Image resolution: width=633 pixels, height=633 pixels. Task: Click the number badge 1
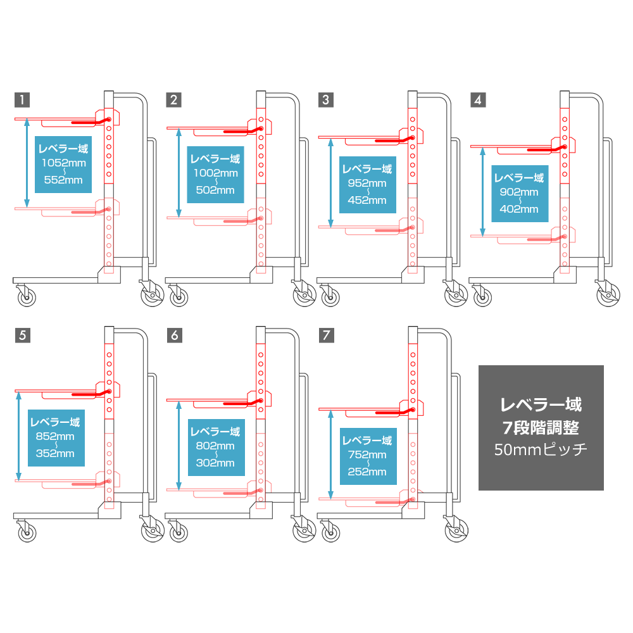(x=22, y=99)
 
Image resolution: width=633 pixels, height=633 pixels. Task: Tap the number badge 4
(x=478, y=100)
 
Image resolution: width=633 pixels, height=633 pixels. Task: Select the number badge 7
(x=327, y=335)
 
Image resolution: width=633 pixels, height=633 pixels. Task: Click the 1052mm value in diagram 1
(x=64, y=163)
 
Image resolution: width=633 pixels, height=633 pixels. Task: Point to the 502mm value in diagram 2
(x=215, y=190)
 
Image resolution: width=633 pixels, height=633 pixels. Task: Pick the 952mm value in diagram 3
(x=367, y=183)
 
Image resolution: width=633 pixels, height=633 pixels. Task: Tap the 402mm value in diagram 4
(x=519, y=209)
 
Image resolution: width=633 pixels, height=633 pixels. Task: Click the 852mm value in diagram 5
(x=55, y=436)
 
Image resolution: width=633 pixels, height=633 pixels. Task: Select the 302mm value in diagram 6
(x=215, y=463)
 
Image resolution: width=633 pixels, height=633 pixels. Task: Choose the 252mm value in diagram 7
(x=367, y=472)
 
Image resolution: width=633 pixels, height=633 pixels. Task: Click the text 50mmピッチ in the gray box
(x=541, y=449)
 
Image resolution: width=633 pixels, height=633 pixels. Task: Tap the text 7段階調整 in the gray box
(x=541, y=427)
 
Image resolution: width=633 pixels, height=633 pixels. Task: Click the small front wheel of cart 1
(x=27, y=298)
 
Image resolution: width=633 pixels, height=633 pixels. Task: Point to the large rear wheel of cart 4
(x=608, y=295)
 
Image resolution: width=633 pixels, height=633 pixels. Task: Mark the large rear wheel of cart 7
(x=456, y=530)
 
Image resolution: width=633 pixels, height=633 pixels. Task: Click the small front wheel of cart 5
(x=27, y=533)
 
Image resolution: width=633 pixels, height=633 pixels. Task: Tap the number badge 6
(x=175, y=335)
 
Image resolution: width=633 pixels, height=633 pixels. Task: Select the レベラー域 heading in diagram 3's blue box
(x=367, y=169)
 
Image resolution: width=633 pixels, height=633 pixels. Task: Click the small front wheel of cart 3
(x=330, y=298)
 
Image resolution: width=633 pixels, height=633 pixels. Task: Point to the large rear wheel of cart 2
(x=304, y=295)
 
